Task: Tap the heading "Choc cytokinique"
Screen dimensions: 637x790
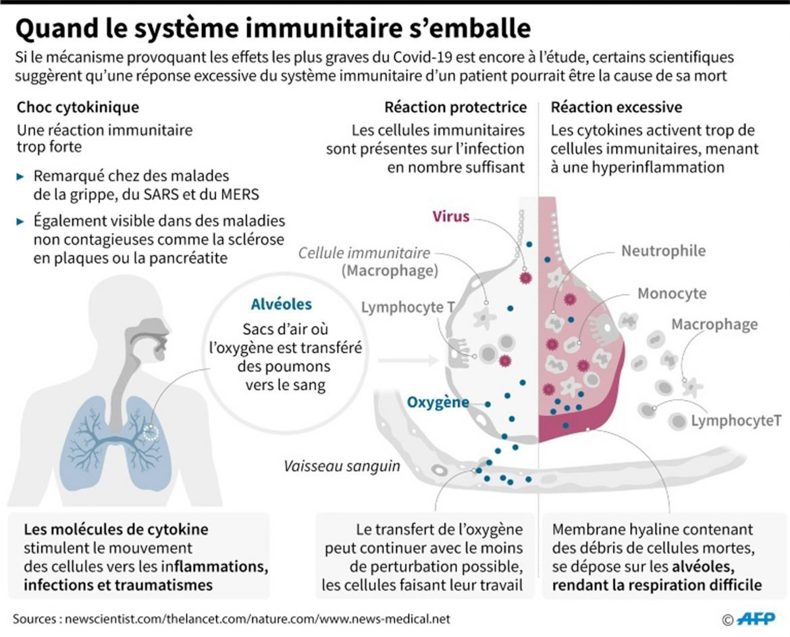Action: tap(78, 107)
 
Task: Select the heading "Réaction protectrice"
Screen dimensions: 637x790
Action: tap(455, 107)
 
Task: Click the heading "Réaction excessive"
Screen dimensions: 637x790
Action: tap(616, 107)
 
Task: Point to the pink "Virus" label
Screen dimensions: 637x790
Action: tap(452, 217)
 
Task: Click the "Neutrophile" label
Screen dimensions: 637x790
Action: tap(663, 251)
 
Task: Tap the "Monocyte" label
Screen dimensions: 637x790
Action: tap(672, 294)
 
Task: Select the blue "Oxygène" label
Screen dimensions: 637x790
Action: tap(438, 403)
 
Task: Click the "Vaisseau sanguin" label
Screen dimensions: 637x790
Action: tap(342, 466)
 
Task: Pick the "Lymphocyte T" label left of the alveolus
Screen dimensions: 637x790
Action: tap(408, 308)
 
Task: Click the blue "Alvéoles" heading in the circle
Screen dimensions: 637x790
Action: tap(282, 305)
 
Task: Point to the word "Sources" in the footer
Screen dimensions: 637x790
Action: tap(34, 619)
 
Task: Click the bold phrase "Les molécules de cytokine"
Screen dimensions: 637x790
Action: tap(116, 530)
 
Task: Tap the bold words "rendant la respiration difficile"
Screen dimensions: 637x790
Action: tap(657, 585)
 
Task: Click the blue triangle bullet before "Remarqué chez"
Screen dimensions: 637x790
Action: tap(22, 176)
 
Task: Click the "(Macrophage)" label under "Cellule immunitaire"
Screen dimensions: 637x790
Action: tap(390, 271)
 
